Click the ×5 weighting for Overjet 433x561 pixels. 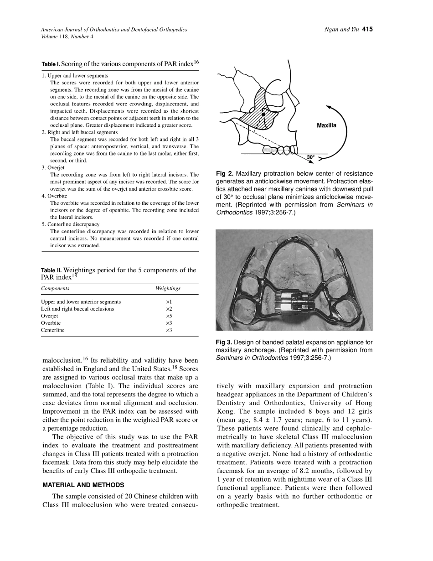(x=169, y=316)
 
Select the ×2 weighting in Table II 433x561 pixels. (x=169, y=309)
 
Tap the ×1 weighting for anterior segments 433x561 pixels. (x=169, y=302)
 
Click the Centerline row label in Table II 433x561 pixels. (x=53, y=330)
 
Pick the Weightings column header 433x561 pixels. (x=168, y=289)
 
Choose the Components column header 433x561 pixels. (x=55, y=289)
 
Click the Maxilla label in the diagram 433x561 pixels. (x=326, y=125)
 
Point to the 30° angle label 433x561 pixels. (x=310, y=157)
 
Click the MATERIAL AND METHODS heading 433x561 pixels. (x=83, y=485)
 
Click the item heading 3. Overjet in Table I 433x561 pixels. (x=53, y=168)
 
